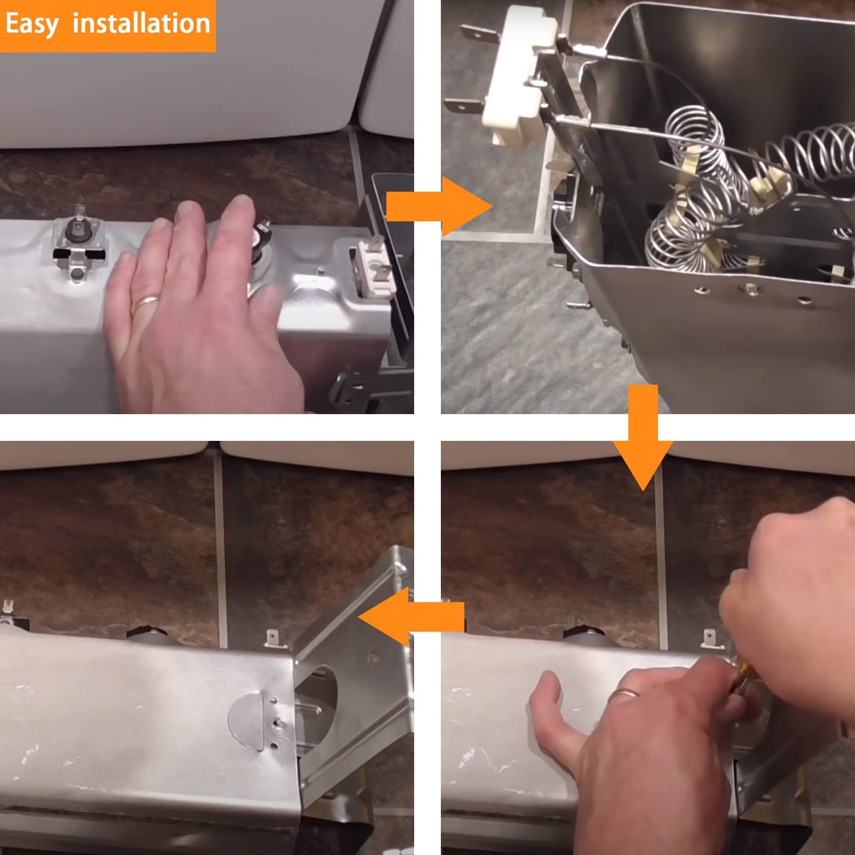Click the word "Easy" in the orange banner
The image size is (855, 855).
[32, 25]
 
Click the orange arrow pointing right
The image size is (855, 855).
[439, 207]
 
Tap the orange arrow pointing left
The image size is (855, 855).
[411, 617]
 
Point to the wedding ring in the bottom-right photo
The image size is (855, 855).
[623, 695]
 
